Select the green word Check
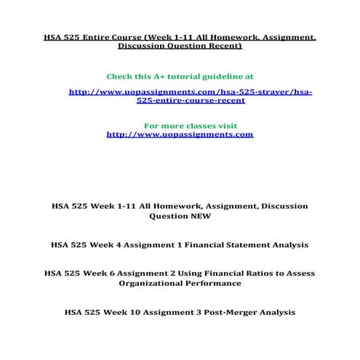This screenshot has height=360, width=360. point(122,76)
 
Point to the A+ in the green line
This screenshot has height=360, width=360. point(161,76)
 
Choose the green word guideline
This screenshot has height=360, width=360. point(224,76)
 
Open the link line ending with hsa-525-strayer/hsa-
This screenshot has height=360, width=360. point(190,92)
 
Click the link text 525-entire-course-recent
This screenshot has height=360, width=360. point(190,101)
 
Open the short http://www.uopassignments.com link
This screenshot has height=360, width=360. point(180,134)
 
